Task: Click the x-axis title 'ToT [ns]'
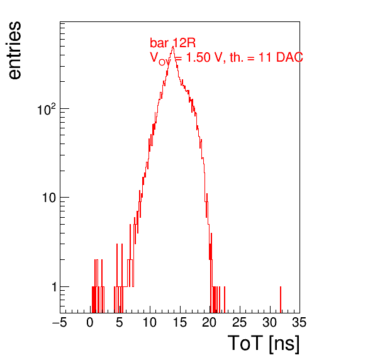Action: pyautogui.click(x=263, y=344)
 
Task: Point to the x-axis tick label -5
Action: pyautogui.click(x=59, y=322)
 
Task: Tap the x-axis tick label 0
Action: pyautogui.click(x=90, y=322)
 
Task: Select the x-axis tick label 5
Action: pyautogui.click(x=120, y=322)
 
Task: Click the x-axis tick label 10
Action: pyautogui.click(x=150, y=322)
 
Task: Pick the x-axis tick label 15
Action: pyautogui.click(x=179, y=322)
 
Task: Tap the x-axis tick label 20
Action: pyautogui.click(x=210, y=322)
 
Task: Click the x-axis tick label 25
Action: pyautogui.click(x=239, y=322)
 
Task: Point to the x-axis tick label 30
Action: pyautogui.click(x=269, y=322)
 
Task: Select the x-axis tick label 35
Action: pyautogui.click(x=299, y=322)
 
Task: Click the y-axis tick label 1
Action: pyautogui.click(x=54, y=287)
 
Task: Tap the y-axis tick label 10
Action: pyautogui.click(x=49, y=198)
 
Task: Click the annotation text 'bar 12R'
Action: pyautogui.click(x=172, y=43)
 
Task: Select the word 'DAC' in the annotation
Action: pyautogui.click(x=289, y=57)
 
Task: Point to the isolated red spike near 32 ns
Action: pyautogui.click(x=281, y=300)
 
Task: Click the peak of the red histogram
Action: pyautogui.click(x=172, y=47)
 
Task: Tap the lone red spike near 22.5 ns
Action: pyautogui.click(x=225, y=300)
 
